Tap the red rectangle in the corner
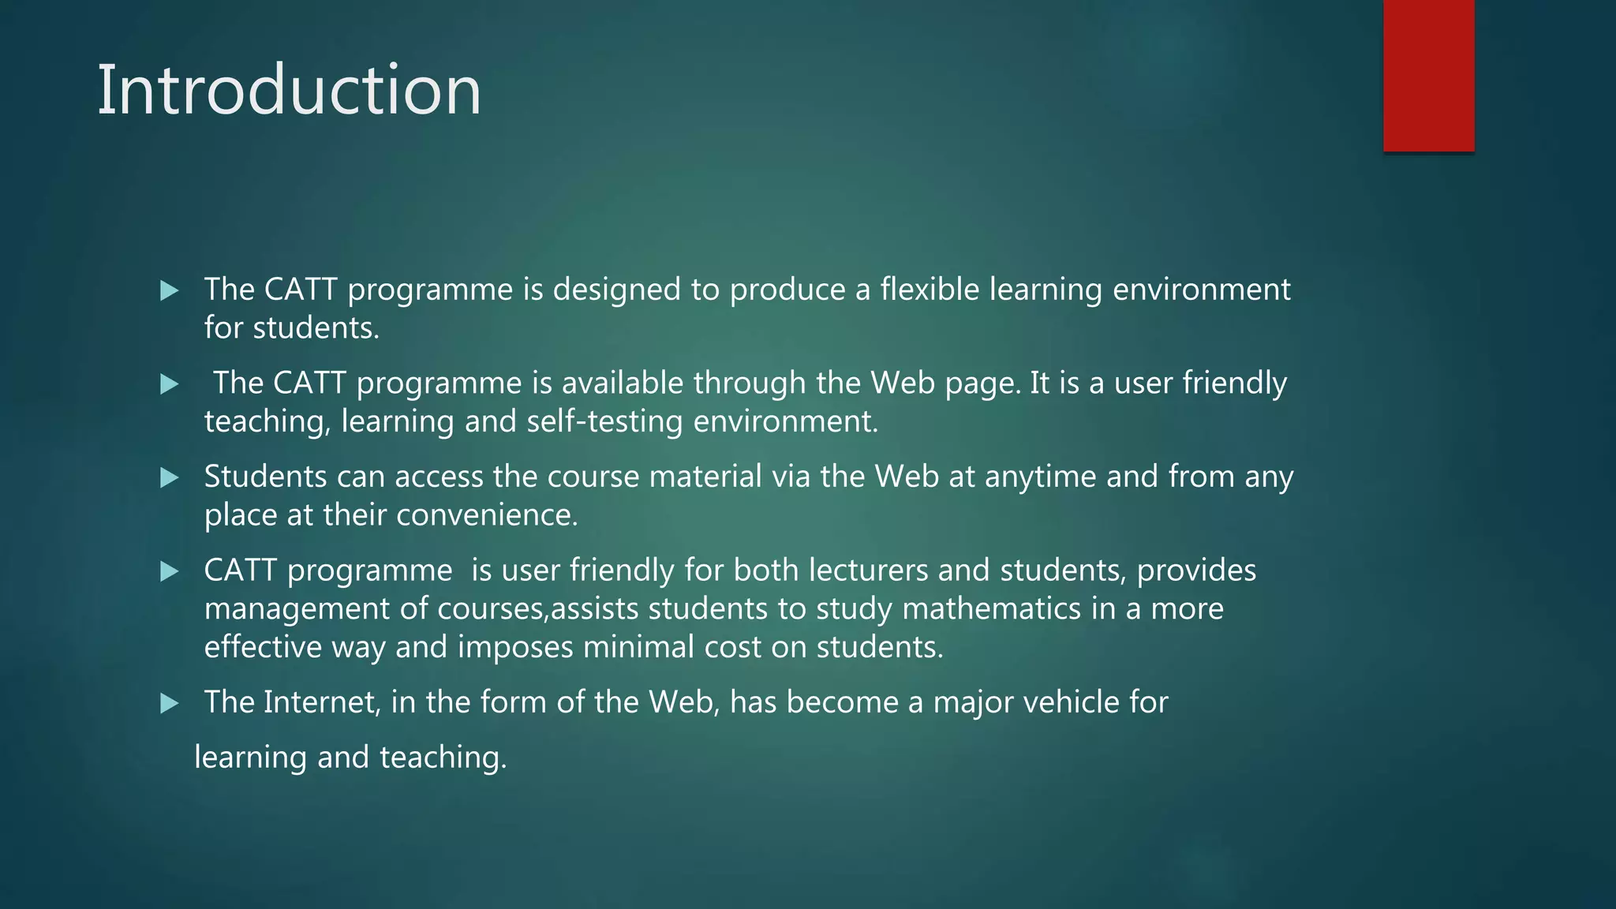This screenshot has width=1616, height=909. (1428, 75)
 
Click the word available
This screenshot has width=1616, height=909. (622, 383)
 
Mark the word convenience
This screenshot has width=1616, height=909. (487, 515)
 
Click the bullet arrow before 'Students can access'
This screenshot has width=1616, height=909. (169, 477)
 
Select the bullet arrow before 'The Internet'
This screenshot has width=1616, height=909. (169, 703)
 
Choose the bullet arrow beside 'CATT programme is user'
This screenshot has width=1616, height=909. (169, 571)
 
